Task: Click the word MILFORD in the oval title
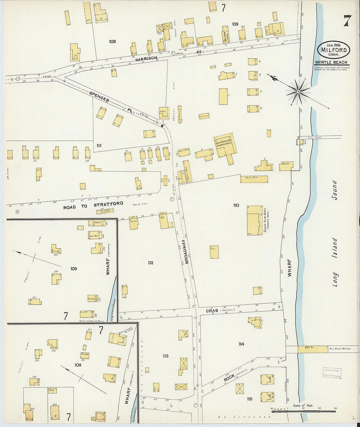tap(333, 50)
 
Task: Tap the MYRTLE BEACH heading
tap(331, 62)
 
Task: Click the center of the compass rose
tap(298, 92)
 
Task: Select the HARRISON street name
tap(147, 58)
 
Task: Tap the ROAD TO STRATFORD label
tap(93, 205)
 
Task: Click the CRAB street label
tap(212, 311)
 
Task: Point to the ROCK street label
tap(229, 378)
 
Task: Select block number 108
tap(112, 42)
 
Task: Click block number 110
tap(236, 205)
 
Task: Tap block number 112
tap(151, 262)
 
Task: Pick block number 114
tap(241, 344)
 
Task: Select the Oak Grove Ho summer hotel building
tap(225, 147)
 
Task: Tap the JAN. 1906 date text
tap(333, 45)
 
